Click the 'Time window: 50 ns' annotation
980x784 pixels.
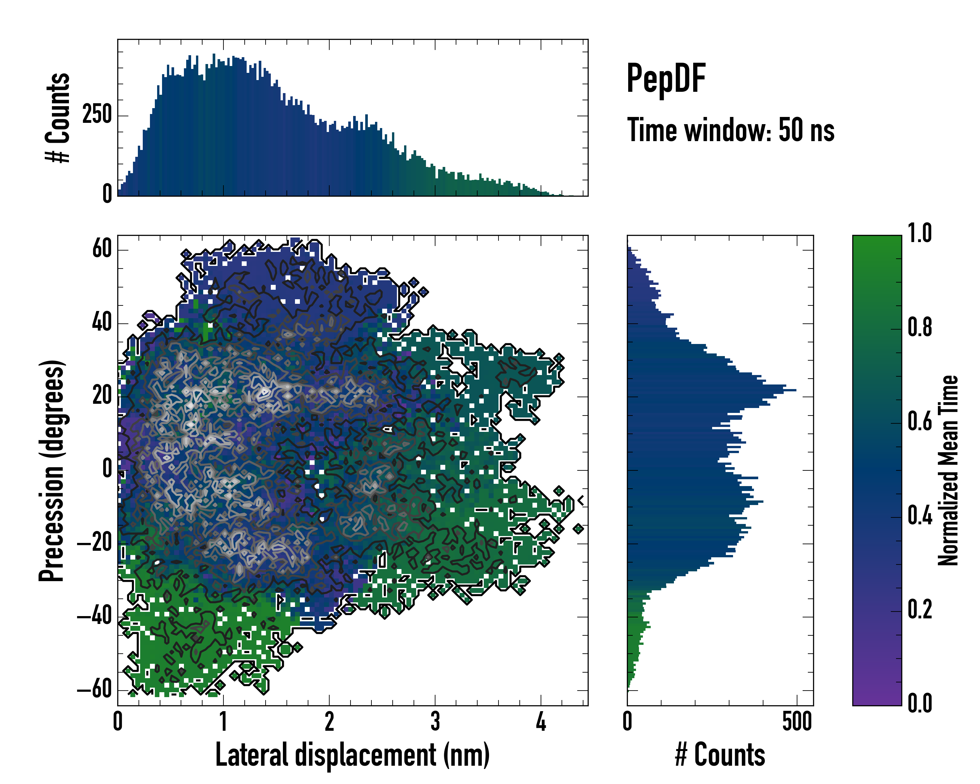point(730,130)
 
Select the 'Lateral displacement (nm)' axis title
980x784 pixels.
point(352,755)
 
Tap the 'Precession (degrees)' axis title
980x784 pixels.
point(51,470)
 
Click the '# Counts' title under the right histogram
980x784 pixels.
point(720,755)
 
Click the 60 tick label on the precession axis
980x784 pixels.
point(102,249)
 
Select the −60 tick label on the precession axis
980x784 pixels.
point(94,690)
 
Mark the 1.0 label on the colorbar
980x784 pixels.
point(920,234)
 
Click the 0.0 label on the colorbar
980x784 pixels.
point(920,703)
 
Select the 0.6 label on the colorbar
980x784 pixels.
point(920,422)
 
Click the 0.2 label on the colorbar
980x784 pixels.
point(920,610)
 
